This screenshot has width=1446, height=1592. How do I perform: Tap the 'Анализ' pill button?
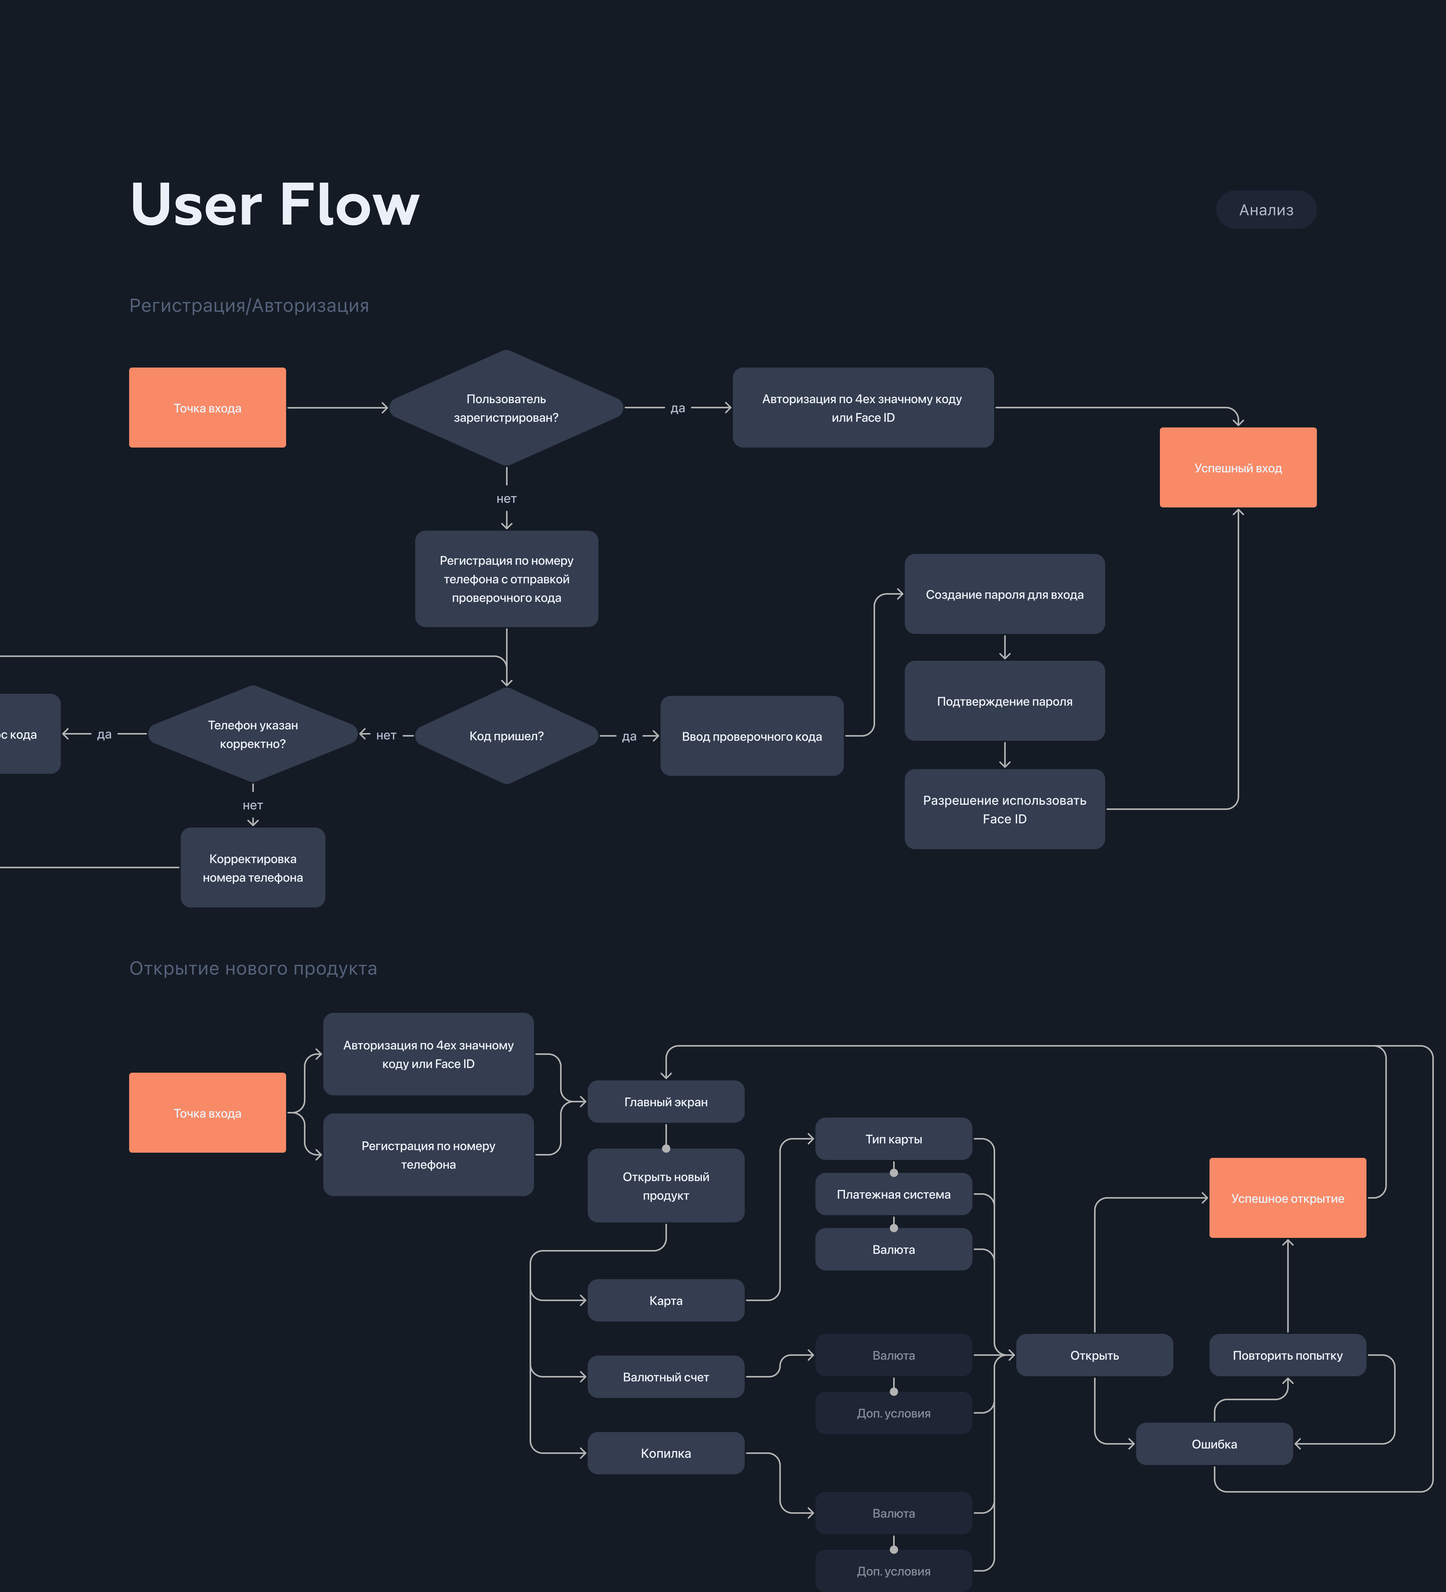click(1266, 210)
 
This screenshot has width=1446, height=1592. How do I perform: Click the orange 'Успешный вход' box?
click(1237, 467)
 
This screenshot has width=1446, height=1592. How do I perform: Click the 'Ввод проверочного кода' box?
click(751, 736)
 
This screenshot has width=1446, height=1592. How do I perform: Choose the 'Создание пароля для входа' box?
click(1005, 594)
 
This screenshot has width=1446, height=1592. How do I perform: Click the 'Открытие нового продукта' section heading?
click(253, 968)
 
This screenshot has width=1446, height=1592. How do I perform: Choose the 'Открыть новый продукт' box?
click(665, 1186)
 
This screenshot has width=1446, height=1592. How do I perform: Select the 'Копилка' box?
click(665, 1453)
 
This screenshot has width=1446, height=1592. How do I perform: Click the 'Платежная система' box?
click(893, 1194)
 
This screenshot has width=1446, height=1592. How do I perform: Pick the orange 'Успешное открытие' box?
click(1287, 1198)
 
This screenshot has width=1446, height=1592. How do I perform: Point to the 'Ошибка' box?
click(1214, 1443)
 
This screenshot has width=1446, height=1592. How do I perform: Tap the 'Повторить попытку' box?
click(1287, 1355)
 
